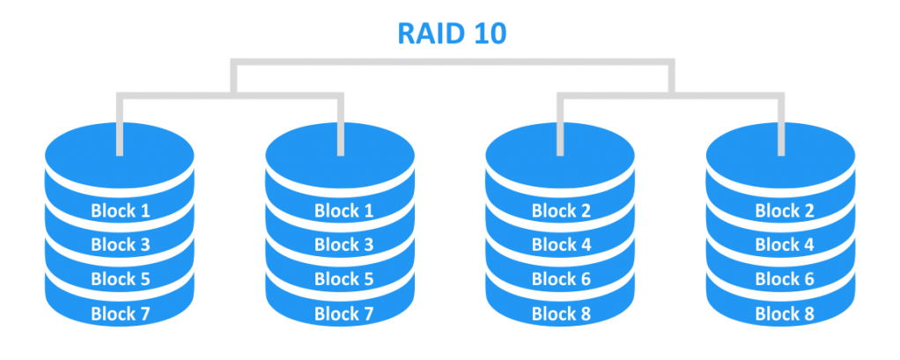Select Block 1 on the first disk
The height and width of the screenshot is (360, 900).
119,210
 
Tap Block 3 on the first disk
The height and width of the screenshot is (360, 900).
119,245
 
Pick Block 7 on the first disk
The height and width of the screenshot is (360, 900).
119,313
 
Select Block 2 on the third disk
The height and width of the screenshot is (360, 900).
560,210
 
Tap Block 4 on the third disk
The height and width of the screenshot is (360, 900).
560,245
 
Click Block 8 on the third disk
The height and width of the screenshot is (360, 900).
560,313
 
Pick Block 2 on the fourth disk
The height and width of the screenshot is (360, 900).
781,210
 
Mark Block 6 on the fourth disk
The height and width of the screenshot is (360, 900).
781,279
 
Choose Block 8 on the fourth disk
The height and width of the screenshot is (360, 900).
781,313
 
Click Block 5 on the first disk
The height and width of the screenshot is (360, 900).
119,279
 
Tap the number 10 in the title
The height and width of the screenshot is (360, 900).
485,33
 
